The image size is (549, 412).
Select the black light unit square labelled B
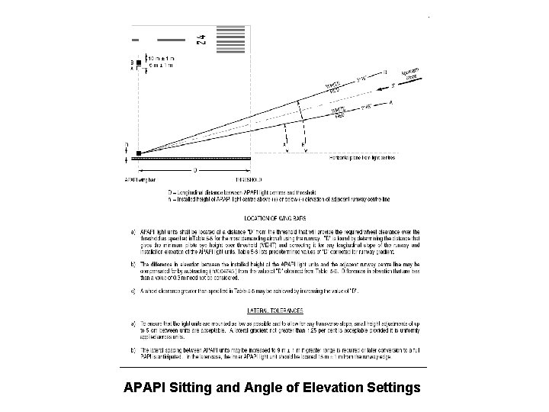138,62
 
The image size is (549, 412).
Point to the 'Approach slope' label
414,75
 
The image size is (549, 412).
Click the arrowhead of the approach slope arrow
396,85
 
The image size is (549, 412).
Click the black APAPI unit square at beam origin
138,153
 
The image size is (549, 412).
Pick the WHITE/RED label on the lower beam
339,112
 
